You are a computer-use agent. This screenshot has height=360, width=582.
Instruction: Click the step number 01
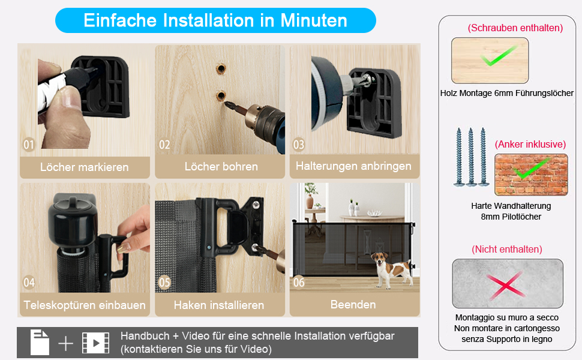(x=29, y=145)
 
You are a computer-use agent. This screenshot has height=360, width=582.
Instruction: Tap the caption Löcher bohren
(x=221, y=166)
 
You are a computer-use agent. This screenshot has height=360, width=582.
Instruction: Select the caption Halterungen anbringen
(x=353, y=166)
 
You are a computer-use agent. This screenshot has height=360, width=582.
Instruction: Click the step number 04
(x=29, y=283)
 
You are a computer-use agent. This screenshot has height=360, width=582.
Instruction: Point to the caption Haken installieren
(x=219, y=305)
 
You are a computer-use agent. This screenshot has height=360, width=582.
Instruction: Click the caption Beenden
(x=353, y=305)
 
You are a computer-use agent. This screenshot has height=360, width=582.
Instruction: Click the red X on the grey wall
(x=506, y=284)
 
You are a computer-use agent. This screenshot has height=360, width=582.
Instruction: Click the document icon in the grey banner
(x=40, y=342)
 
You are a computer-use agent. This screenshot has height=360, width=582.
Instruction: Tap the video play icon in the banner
(x=96, y=343)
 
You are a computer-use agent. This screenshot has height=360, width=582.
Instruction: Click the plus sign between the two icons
(x=65, y=343)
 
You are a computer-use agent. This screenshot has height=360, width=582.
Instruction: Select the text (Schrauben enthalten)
(x=515, y=28)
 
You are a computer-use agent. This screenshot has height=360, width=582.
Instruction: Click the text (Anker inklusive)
(x=530, y=144)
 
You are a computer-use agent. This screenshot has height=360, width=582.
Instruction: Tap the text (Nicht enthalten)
(x=506, y=249)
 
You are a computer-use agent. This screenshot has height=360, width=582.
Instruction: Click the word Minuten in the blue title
(x=314, y=20)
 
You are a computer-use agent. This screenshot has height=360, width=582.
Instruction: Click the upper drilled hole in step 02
(x=221, y=68)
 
